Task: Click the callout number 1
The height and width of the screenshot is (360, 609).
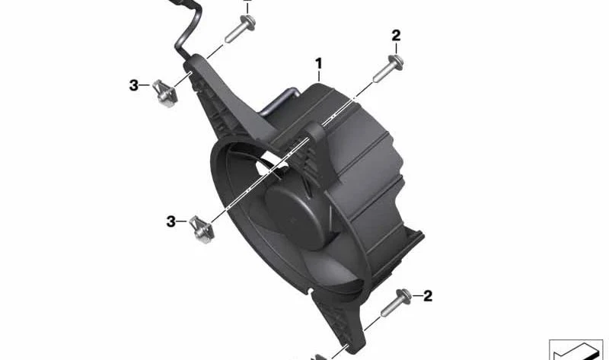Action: (318, 63)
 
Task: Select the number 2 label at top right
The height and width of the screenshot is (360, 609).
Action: (396, 36)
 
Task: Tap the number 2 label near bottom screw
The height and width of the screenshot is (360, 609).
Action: (428, 296)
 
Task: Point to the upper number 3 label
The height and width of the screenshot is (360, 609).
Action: (134, 85)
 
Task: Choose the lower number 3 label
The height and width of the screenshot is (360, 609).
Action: (171, 221)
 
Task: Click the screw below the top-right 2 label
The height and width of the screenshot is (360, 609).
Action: (388, 68)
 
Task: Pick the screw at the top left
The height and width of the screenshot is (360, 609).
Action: (240, 28)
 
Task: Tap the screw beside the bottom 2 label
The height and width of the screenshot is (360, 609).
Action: (395, 302)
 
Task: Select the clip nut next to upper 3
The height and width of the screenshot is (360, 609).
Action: (165, 92)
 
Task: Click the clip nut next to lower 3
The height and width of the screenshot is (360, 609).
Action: (202, 229)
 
